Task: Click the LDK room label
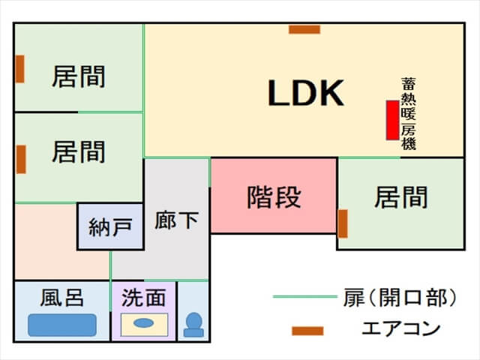[306, 93]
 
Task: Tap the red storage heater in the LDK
[391, 120]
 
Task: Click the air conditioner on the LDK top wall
[304, 30]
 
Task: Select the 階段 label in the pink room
[274, 197]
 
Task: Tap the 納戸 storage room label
[110, 227]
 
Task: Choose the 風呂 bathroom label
[61, 298]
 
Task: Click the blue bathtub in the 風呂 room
[62, 325]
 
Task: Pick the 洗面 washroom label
[143, 298]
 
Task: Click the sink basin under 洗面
[143, 324]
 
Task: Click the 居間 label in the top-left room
[78, 77]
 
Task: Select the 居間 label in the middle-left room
[78, 152]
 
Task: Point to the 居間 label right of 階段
[401, 198]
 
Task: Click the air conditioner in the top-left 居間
[20, 69]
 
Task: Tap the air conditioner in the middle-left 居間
[21, 159]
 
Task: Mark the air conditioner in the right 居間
[343, 223]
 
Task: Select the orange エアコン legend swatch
[307, 330]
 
